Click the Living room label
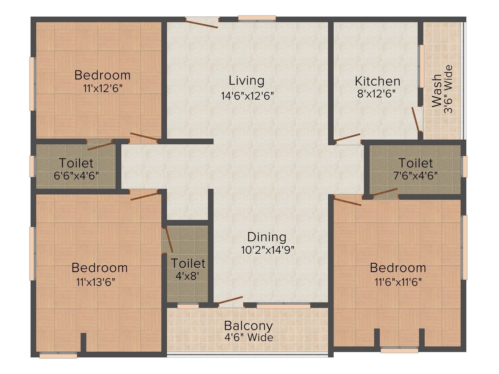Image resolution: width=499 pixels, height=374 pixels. (247, 81)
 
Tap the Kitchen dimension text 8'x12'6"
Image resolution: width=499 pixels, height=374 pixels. (376, 93)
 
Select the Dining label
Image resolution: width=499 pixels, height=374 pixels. (267, 237)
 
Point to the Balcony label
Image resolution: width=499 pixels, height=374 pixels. (248, 326)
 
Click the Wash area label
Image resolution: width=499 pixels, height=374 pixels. (437, 91)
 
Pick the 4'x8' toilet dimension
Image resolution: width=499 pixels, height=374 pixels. (188, 276)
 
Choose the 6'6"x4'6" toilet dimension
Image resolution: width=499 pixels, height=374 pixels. (76, 176)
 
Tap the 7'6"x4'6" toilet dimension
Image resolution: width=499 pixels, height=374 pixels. (416, 176)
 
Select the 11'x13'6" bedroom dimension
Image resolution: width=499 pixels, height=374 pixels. (96, 282)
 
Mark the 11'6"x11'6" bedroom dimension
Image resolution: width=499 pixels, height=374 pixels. (398, 282)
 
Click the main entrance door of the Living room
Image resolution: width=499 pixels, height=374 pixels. (202, 23)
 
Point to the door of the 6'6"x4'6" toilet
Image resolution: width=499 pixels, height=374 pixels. (99, 145)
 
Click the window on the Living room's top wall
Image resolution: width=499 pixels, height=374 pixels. (257, 18)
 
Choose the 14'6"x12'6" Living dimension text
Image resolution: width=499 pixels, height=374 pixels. (248, 96)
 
